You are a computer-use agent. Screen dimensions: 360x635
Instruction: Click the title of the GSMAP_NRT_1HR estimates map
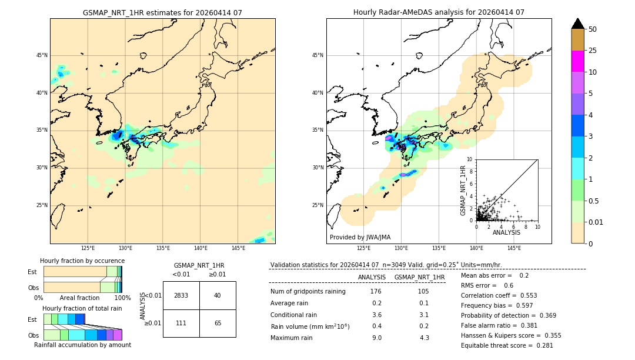click(x=162, y=12)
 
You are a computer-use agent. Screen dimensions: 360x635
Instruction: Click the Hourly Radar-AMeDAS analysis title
click(x=439, y=12)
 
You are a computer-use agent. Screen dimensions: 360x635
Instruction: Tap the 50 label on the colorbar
click(x=593, y=29)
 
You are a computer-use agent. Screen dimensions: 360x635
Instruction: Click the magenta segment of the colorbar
click(x=578, y=61)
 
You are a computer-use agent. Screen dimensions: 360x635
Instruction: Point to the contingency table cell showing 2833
click(x=181, y=296)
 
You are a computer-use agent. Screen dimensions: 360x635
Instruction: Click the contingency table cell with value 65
click(x=218, y=324)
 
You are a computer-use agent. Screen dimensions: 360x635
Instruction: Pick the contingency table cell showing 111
click(x=181, y=324)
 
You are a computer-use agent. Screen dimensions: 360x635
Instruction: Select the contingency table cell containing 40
click(x=218, y=296)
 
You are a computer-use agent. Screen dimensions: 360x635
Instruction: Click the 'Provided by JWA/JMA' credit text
click(x=360, y=238)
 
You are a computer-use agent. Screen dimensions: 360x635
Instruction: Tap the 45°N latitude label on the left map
click(x=42, y=55)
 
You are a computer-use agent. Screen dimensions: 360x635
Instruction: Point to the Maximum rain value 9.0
click(x=376, y=338)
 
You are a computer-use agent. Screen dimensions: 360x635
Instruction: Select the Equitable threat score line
click(x=507, y=345)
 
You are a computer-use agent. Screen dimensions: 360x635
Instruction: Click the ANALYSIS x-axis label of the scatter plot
click(x=506, y=232)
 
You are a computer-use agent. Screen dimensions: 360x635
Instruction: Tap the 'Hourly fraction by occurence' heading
click(x=82, y=261)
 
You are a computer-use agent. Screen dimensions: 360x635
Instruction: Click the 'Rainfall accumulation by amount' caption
click(x=82, y=345)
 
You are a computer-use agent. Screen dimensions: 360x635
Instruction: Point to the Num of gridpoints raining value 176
click(x=376, y=291)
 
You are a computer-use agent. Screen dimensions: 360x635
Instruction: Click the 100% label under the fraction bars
click(x=122, y=298)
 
